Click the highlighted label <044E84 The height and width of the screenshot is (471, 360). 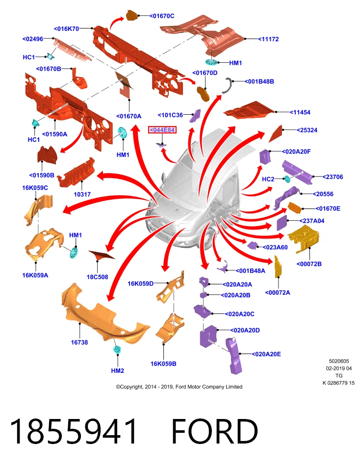[x=162, y=130]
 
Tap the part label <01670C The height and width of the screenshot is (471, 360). [x=161, y=16]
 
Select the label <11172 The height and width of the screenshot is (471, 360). [x=268, y=39]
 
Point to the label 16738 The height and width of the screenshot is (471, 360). [x=79, y=342]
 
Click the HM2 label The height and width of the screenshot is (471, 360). [x=117, y=371]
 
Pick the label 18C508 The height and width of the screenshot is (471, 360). [x=97, y=277]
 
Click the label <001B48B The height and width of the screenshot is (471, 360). [x=259, y=81]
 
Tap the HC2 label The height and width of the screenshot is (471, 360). [x=268, y=179]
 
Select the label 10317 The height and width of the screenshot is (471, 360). [x=82, y=194]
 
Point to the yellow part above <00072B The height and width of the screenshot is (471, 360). [x=303, y=239]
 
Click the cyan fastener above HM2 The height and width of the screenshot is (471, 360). [x=117, y=350]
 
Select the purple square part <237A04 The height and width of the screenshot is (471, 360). [x=282, y=223]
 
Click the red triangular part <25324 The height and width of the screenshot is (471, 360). [x=276, y=133]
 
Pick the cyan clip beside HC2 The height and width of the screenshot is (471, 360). [x=287, y=180]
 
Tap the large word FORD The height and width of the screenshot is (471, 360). [x=215, y=431]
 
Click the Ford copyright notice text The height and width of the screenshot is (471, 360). [x=179, y=387]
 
